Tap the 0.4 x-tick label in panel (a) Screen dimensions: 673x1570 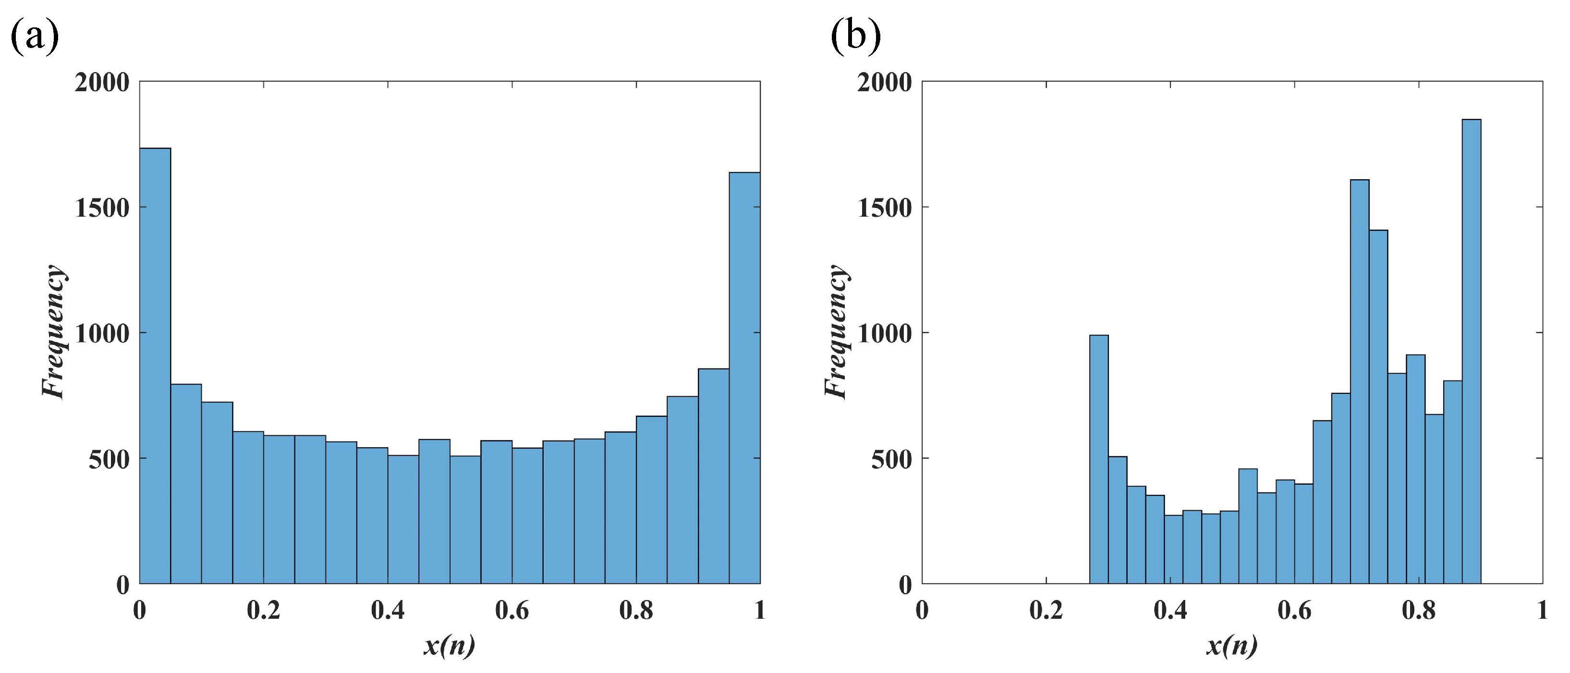coord(388,610)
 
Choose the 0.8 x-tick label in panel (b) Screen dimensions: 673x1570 coord(1418,610)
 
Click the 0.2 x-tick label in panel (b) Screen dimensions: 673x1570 coord(1046,610)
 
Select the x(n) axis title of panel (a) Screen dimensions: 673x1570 coord(449,646)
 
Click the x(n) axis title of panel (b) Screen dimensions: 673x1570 coord(1232,646)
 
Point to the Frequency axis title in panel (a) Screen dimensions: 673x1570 coord(54,332)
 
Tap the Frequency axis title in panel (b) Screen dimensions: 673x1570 coord(836,332)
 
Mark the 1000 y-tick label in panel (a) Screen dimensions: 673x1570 coord(102,333)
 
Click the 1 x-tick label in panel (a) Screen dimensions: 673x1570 coord(759,610)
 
